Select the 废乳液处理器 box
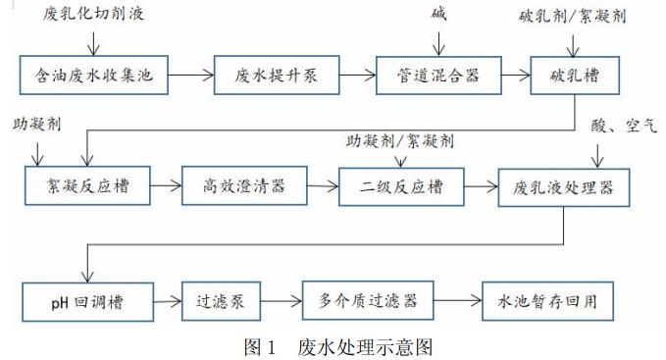(x=564, y=185)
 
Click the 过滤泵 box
(x=214, y=300)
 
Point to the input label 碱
(x=438, y=14)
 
